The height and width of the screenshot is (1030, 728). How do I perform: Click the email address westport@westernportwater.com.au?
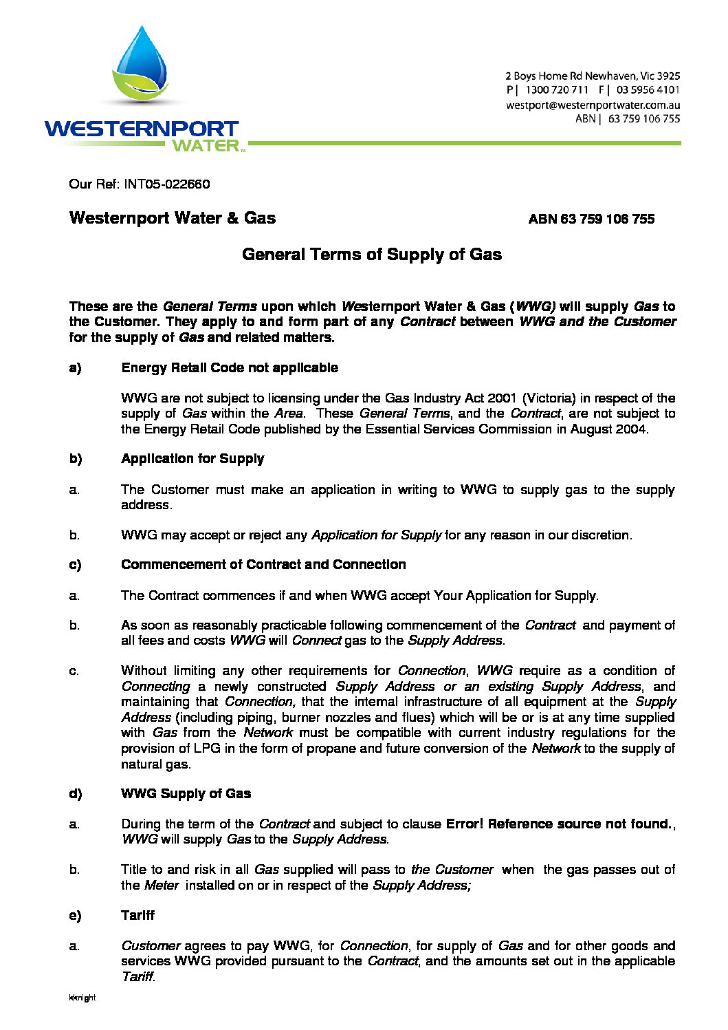593,105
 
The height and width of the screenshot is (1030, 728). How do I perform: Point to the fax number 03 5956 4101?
648,90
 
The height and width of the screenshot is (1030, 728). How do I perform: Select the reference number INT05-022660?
167,184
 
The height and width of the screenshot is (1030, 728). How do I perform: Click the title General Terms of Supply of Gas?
372,255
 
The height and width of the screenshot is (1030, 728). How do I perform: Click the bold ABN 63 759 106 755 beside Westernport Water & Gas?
591,219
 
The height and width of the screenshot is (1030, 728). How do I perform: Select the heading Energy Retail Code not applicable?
230,368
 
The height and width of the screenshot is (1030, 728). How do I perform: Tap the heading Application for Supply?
192,459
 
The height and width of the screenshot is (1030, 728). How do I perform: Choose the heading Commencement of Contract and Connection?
263,565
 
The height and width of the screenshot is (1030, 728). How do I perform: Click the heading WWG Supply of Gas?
186,794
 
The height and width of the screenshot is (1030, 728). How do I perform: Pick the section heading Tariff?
137,916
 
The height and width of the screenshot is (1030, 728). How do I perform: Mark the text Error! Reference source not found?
558,824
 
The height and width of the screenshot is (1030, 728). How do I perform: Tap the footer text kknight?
82,998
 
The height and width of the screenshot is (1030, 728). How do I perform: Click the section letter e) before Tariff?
75,916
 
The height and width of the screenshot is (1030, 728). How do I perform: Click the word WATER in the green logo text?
206,146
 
